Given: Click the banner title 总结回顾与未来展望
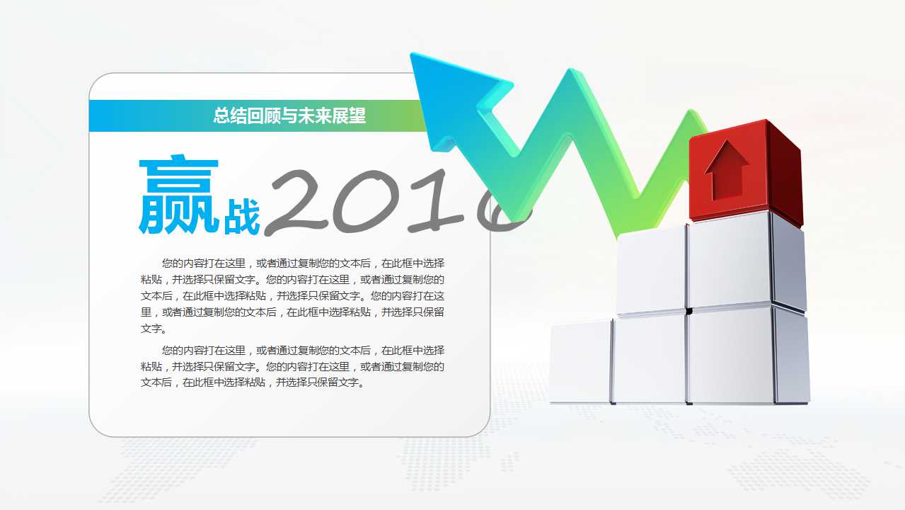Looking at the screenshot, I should (x=289, y=115).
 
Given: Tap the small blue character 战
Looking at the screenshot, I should (x=242, y=217).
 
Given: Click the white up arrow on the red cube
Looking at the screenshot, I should (x=727, y=169).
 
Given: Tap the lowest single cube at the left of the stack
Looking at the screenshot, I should (x=580, y=361).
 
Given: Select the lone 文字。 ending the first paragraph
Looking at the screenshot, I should (x=154, y=329).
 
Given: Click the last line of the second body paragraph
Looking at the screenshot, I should (x=253, y=383).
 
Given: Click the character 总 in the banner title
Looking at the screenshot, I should (x=221, y=115).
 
